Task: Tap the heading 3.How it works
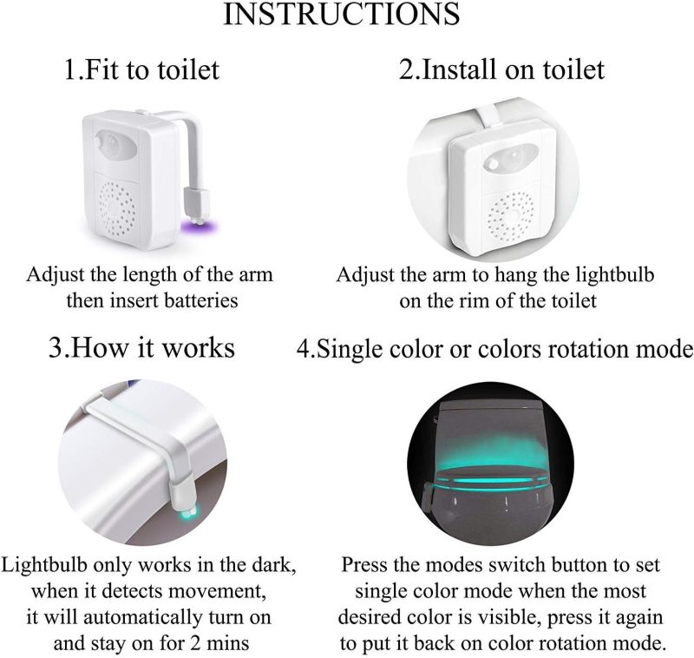[141, 346]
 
